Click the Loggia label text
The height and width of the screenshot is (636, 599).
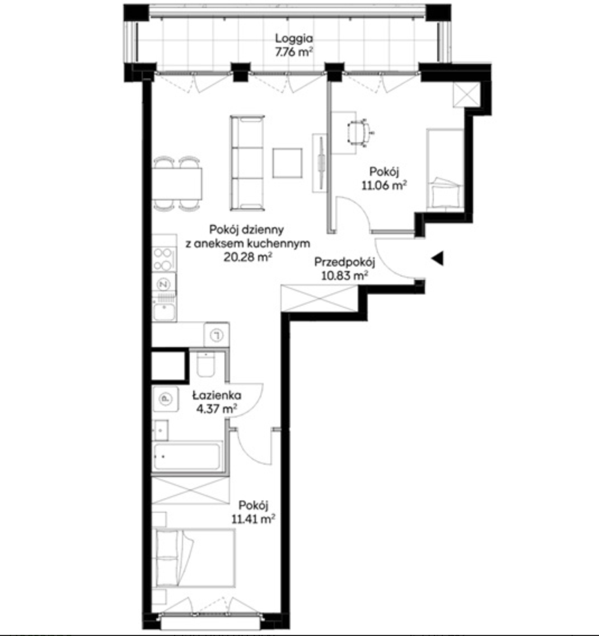(x=293, y=39)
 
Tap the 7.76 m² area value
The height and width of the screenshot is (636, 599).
(x=293, y=52)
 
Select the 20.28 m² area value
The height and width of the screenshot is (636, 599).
(x=247, y=257)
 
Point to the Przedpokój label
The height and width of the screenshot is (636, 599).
(x=345, y=263)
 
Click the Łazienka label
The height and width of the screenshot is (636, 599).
(x=217, y=395)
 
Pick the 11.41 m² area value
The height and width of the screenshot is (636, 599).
(x=254, y=519)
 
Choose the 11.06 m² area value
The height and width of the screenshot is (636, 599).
(x=384, y=185)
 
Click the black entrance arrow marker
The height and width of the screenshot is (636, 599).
(x=437, y=259)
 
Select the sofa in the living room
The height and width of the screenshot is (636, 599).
(x=247, y=163)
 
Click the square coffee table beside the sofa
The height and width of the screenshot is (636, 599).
(x=288, y=163)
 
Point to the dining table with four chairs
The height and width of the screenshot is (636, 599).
(x=177, y=183)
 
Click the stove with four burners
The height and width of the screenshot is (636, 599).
(x=163, y=259)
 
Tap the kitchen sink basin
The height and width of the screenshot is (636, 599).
(x=164, y=312)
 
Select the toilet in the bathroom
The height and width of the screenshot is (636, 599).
(x=205, y=364)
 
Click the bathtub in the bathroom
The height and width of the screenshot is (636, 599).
(x=188, y=456)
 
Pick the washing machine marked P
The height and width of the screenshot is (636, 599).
(x=166, y=399)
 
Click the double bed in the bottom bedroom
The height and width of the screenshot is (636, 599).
(x=194, y=558)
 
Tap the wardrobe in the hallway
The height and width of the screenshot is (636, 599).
(x=320, y=298)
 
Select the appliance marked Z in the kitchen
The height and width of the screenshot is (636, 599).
(x=164, y=284)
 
